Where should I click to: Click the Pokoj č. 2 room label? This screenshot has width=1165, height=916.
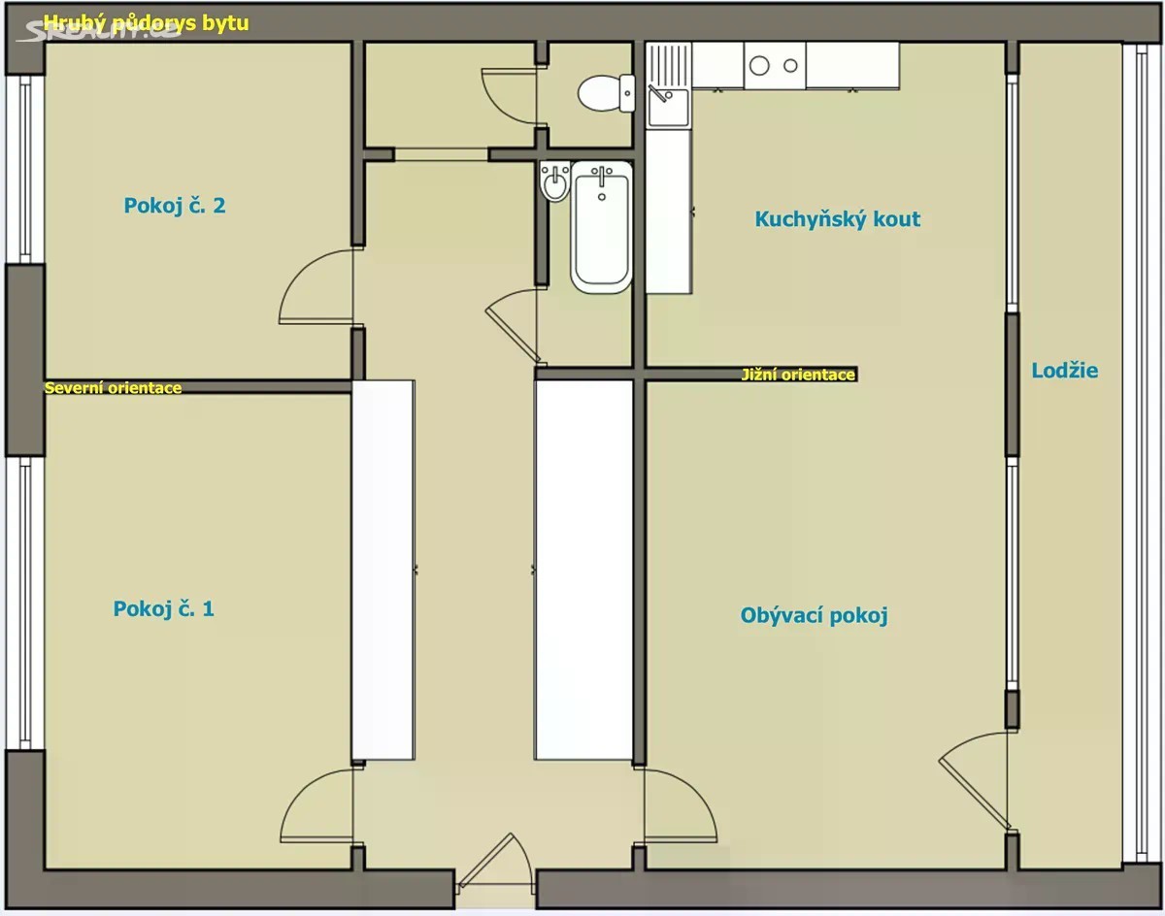click(175, 206)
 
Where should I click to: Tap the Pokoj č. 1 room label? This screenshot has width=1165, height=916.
click(163, 608)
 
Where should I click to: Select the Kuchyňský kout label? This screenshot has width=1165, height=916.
click(838, 219)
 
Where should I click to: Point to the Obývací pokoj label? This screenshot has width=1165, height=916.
click(815, 616)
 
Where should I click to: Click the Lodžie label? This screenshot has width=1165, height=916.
click(1065, 371)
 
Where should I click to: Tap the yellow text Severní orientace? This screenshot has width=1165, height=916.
click(114, 388)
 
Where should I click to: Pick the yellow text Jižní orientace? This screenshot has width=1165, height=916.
click(798, 375)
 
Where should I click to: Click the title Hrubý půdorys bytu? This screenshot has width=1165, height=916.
click(147, 22)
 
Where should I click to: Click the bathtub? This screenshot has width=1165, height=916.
click(602, 227)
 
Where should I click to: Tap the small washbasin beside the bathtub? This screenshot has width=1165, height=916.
click(555, 180)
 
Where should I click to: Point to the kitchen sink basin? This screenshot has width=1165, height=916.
click(669, 107)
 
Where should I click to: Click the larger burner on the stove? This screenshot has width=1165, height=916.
click(759, 66)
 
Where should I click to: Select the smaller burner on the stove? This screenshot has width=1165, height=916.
click(790, 66)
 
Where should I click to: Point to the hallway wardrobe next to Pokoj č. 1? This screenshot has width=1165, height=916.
click(383, 570)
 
